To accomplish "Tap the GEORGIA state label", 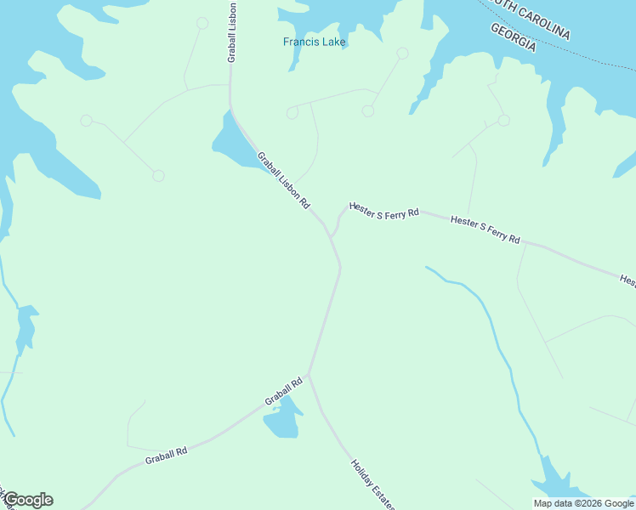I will click(x=514, y=37).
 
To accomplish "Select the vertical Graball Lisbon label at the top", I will click(x=231, y=32).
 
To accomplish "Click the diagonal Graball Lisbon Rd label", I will click(x=284, y=181).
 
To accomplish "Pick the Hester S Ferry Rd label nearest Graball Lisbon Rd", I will click(x=383, y=211).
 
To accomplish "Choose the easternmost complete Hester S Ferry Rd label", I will click(x=485, y=229).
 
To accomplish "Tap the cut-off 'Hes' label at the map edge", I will click(x=627, y=280).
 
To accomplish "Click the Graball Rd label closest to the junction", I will click(x=283, y=392).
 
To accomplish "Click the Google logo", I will click(x=28, y=500).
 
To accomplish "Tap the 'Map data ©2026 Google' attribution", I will click(x=584, y=503).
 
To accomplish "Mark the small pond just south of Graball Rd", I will click(x=283, y=418).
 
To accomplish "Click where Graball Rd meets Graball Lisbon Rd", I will click(x=309, y=373).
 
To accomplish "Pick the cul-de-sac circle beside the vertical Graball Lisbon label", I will click(x=202, y=23).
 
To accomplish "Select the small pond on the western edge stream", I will click(x=26, y=325).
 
